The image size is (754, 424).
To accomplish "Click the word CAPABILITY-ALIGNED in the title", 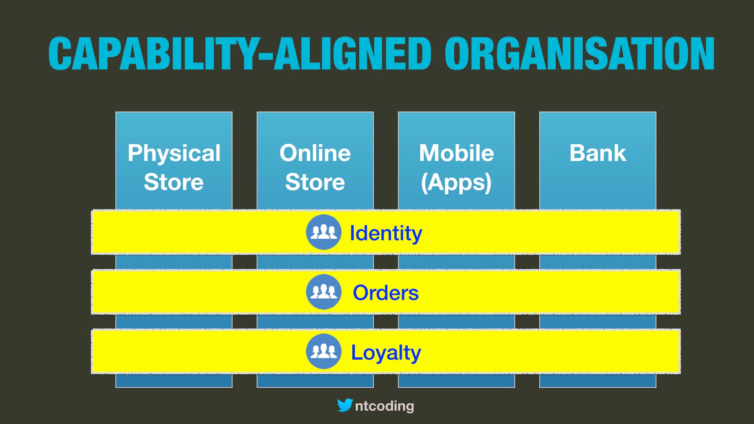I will tap(240, 54).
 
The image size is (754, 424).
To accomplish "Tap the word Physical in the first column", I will tap(174, 153).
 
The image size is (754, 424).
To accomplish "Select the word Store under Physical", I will tap(174, 182).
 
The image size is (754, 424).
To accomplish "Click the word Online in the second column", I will tap(315, 153).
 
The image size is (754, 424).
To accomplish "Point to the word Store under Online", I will tap(315, 182).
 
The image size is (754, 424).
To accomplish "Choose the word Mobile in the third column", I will tap(456, 153).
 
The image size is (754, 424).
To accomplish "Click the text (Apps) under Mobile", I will tap(456, 183).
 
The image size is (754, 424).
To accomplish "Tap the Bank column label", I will tap(598, 153).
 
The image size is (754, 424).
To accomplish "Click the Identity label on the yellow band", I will tap(386, 233).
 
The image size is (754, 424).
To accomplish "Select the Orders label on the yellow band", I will tap(386, 292).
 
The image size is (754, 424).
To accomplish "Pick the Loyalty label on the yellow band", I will tap(386, 352).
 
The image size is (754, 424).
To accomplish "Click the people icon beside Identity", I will tap(324, 232).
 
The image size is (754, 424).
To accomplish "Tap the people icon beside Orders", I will tap(324, 292).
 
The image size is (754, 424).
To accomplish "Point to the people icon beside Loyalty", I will tap(324, 351).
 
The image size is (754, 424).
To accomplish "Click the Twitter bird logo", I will tap(345, 405).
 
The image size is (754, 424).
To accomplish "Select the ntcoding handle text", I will tap(384, 406).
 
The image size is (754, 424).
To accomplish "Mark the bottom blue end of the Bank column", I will tap(598, 380).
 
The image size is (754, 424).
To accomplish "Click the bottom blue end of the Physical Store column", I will tap(174, 380).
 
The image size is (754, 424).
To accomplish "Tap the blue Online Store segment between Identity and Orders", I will tap(315, 262).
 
